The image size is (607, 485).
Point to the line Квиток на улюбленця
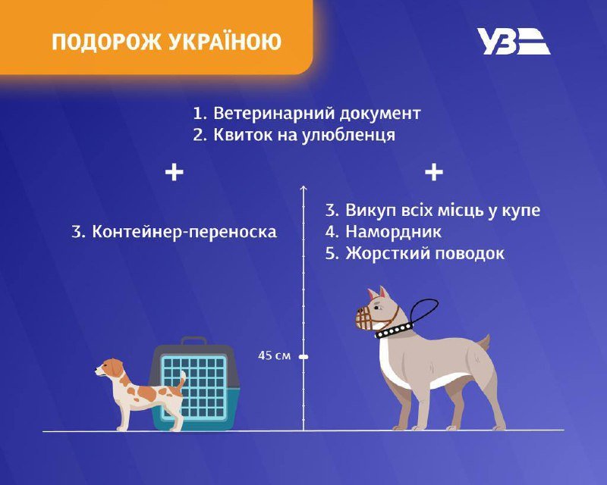[x=304, y=135]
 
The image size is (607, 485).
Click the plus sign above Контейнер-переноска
[x=175, y=173]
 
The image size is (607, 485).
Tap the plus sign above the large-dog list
[x=433, y=173]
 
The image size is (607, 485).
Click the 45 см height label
[x=273, y=355]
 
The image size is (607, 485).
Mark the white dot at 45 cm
[x=303, y=355]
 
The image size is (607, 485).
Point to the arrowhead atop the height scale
[x=303, y=187]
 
